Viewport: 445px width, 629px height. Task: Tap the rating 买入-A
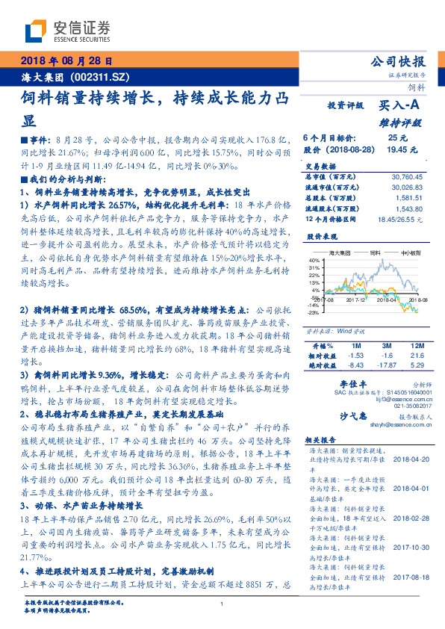point(401,106)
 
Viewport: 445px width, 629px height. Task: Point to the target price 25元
point(397,138)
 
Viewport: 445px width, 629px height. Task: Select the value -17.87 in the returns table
point(386,366)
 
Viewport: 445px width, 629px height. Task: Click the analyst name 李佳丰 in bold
point(340,382)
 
